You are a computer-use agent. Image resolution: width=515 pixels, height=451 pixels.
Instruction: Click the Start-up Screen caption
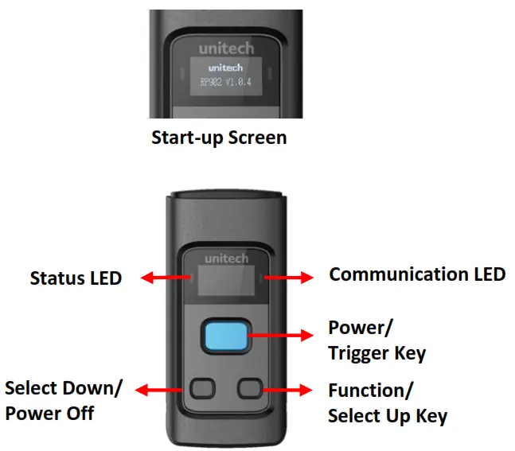pyautogui.click(x=219, y=137)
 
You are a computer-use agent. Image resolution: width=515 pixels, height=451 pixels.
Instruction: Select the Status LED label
pyautogui.click(x=76, y=278)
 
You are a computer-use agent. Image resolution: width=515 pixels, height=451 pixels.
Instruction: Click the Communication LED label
pyautogui.click(x=417, y=274)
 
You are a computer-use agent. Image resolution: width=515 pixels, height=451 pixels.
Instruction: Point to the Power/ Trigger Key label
pyautogui.click(x=376, y=341)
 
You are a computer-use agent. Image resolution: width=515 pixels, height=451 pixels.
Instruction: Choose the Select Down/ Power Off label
pyautogui.click(x=64, y=401)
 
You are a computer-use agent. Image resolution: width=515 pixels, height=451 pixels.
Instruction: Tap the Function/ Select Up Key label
pyautogui.click(x=387, y=403)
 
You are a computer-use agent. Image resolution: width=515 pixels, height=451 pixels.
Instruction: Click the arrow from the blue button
pyautogui.click(x=283, y=336)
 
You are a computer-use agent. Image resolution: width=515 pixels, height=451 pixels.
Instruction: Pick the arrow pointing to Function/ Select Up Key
pyautogui.click(x=287, y=389)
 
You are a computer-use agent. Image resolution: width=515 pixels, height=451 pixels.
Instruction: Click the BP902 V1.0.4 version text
pyautogui.click(x=220, y=82)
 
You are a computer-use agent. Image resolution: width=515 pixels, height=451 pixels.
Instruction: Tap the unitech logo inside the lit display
pyautogui.click(x=220, y=68)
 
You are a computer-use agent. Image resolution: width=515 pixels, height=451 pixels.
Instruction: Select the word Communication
pyautogui.click(x=394, y=274)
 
